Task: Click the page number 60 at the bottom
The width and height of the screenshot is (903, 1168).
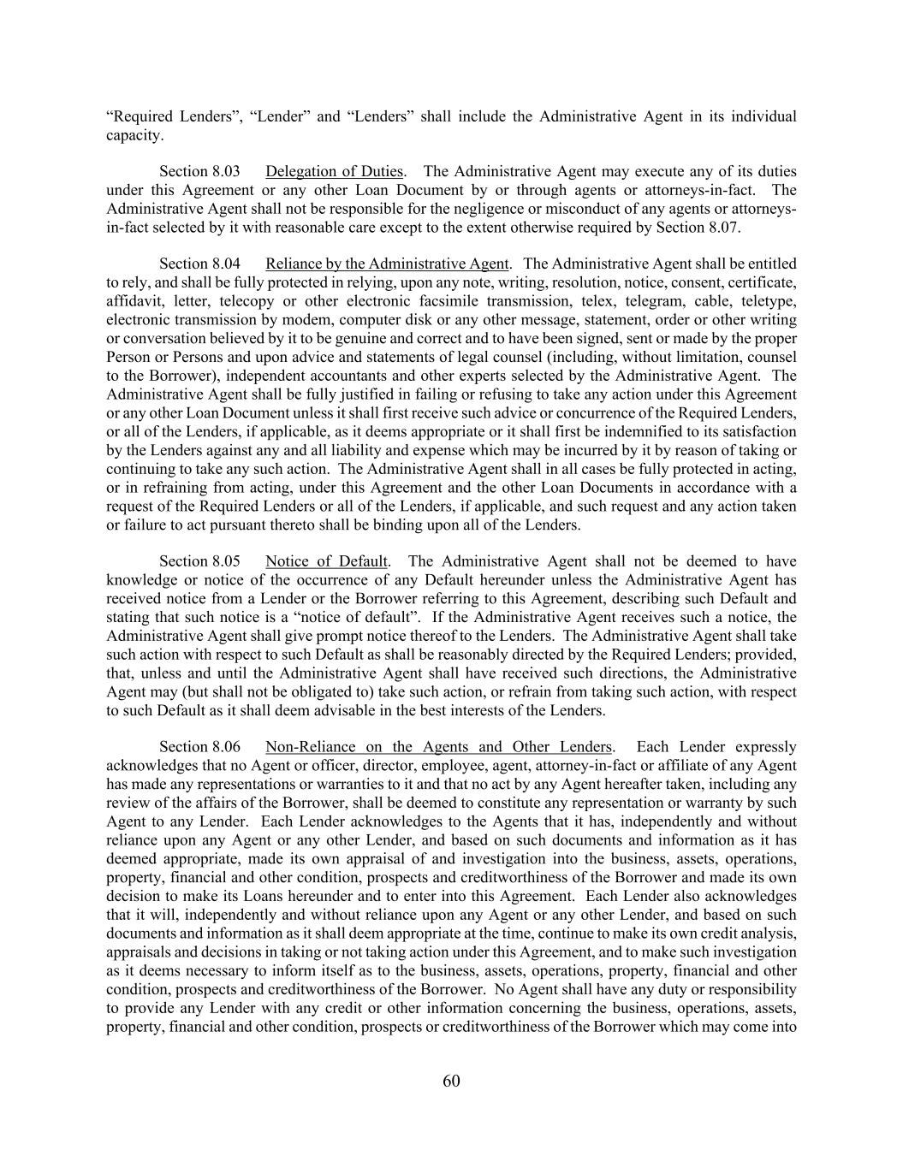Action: coord(451,1081)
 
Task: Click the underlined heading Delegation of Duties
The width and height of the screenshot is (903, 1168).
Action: coord(334,172)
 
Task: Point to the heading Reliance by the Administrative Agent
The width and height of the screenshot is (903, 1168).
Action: coord(387,264)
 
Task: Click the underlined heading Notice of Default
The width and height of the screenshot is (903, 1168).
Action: coord(327,561)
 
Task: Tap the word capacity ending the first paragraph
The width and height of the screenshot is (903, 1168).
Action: coord(133,135)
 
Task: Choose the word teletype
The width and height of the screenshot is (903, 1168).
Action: coord(767,301)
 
